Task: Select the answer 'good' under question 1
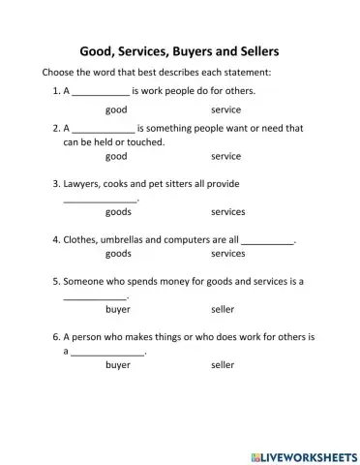tap(116, 110)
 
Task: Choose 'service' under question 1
tap(225, 110)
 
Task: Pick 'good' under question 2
tap(116, 155)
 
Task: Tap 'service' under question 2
tap(225, 155)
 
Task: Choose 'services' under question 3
tap(227, 211)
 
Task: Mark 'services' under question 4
tap(227, 253)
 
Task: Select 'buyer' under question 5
tap(118, 310)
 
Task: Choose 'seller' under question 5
tap(223, 310)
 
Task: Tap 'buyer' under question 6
tap(118, 366)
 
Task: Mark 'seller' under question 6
tap(223, 366)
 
